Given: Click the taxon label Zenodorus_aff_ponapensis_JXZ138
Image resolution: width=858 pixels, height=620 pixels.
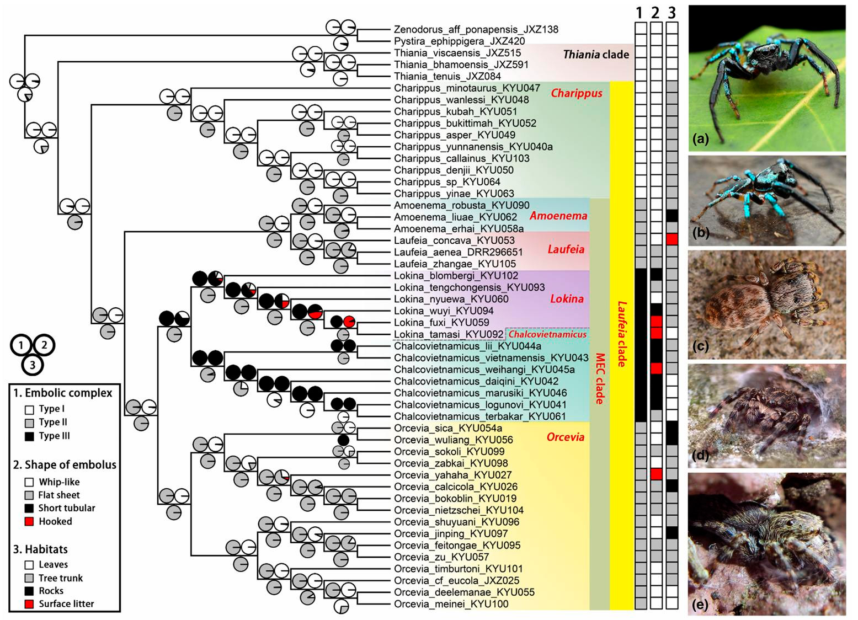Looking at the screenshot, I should point(476,29).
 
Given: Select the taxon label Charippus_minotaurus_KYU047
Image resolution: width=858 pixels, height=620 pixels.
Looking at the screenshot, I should point(467,88).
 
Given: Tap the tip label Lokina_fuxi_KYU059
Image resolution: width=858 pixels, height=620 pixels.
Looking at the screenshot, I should point(441,323).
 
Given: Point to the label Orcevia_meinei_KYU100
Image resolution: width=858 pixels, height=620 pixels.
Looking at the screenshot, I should point(451,604).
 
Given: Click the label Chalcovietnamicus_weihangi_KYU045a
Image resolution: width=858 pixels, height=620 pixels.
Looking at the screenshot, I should point(484,370).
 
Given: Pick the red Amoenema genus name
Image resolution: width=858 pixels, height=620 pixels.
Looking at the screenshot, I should point(558,216).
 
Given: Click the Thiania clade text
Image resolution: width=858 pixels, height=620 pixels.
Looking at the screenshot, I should point(595,54).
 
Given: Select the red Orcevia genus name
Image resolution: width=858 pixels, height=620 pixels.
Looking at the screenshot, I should point(565,437).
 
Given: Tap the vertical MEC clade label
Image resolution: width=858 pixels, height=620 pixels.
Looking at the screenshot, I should point(600,378).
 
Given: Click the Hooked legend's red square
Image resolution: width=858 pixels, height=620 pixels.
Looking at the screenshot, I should point(29,522).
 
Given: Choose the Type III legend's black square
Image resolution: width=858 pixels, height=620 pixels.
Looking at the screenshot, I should point(29,436).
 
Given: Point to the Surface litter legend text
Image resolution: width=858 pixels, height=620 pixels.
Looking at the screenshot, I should point(66,604).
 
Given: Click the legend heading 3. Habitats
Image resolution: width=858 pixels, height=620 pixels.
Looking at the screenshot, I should point(40,549).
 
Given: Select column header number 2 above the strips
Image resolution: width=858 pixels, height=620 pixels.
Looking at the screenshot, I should point(656,13).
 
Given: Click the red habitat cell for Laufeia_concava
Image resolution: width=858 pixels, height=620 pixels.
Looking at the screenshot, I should point(672,239).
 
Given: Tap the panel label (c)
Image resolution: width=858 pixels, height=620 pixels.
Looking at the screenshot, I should point(700,346).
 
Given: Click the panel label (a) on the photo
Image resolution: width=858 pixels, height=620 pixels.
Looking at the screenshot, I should point(700,139).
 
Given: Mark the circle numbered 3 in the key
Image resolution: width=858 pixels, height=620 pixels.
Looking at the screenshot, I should point(33,365).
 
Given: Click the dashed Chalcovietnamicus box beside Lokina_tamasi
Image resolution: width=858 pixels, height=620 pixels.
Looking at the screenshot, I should point(547,334).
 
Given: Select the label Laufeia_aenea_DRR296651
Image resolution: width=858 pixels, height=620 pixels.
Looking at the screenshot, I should point(458,252).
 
